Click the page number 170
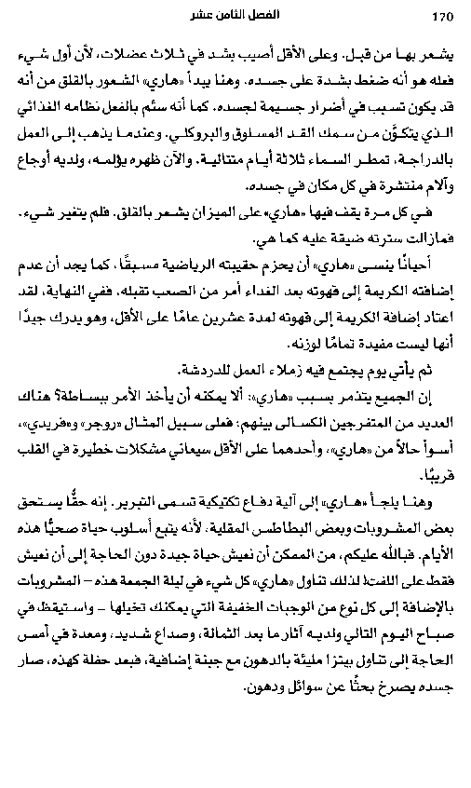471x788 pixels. (x=440, y=17)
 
